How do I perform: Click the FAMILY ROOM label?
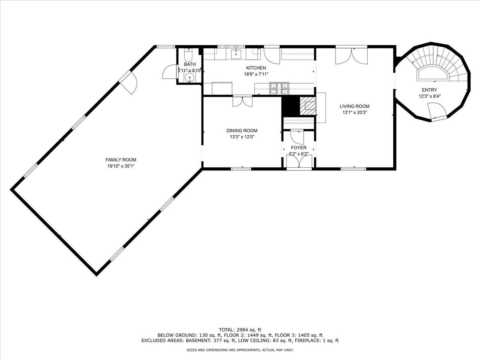pyautogui.click(x=121, y=160)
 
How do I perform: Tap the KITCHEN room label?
pyautogui.click(x=256, y=68)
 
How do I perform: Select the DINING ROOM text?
pyautogui.click(x=242, y=131)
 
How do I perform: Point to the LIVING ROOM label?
pyautogui.click(x=354, y=106)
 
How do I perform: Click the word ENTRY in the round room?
pyautogui.click(x=430, y=90)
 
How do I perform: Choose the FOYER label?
pyautogui.click(x=298, y=148)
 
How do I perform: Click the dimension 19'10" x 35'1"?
pyautogui.click(x=121, y=166)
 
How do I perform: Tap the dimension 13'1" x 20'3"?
pyautogui.click(x=354, y=113)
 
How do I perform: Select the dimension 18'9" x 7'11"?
pyautogui.click(x=256, y=74)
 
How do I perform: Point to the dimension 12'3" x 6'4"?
pyautogui.click(x=430, y=96)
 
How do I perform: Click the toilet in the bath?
pyautogui.click(x=188, y=55)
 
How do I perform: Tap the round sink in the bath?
pyautogui.click(x=189, y=78)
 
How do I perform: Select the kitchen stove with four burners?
pyautogui.click(x=279, y=88)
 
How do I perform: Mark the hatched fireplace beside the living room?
pyautogui.click(x=308, y=106)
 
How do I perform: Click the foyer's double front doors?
pyautogui.click(x=299, y=162)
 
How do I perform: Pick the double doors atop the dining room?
pyautogui.click(x=242, y=102)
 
